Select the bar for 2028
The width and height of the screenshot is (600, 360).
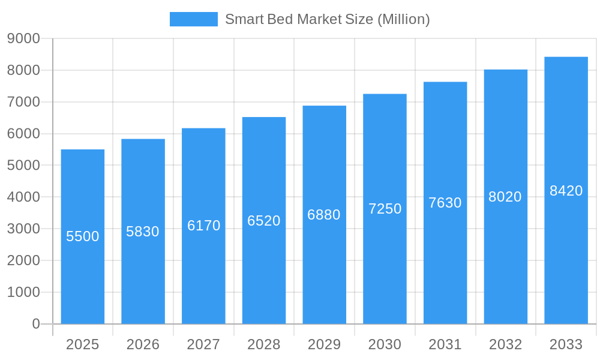264,270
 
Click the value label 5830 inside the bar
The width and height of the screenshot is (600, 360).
143,232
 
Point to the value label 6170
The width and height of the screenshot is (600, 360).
204,226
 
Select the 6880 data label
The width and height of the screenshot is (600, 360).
324,215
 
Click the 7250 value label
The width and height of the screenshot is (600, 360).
385,209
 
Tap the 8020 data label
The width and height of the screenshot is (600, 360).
505,197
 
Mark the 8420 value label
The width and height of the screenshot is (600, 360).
566,191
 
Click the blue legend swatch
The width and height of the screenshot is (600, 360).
193,19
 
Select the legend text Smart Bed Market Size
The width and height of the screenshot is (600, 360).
327,19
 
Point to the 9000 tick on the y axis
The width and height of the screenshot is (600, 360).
23,38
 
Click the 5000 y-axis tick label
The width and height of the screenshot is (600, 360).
23,165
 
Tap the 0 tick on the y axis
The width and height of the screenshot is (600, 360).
35,324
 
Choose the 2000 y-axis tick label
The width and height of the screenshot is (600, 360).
23,260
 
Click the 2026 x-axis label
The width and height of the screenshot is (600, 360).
143,344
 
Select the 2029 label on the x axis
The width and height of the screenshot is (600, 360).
324,344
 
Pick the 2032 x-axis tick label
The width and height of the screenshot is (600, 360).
505,344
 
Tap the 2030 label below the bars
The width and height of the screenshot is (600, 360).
385,344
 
